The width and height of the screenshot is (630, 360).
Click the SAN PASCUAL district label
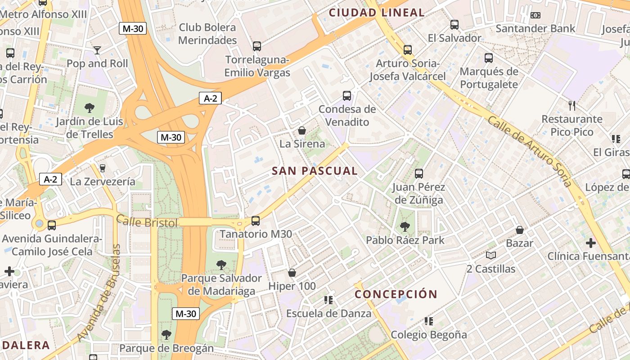(315, 171)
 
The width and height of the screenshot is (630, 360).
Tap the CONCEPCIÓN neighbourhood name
(396, 294)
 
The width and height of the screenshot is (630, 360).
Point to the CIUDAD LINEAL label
(377, 13)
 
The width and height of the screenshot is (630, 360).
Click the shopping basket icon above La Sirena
(302, 130)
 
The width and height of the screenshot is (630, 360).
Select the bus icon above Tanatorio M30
(256, 220)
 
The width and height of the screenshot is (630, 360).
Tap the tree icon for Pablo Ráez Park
(405, 226)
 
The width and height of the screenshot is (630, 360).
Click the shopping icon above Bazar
(520, 230)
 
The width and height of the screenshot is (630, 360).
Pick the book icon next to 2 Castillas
(490, 256)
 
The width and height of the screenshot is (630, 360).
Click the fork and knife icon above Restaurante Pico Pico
(572, 106)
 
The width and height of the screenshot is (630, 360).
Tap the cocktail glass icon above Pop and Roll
(97, 50)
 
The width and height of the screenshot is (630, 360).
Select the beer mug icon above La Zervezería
(103, 168)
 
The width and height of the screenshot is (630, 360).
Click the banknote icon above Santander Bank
(535, 15)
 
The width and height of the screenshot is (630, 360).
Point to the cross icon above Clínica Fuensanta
(590, 243)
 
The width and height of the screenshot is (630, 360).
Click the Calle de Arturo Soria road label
(530, 151)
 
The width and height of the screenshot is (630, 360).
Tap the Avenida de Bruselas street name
(99, 293)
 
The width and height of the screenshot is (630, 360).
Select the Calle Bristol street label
(147, 222)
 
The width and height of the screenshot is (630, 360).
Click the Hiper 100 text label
(292, 286)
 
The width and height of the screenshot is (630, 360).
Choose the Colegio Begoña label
(429, 335)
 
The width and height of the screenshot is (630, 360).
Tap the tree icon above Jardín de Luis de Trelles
(90, 108)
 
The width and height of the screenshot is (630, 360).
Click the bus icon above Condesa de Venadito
(346, 95)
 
